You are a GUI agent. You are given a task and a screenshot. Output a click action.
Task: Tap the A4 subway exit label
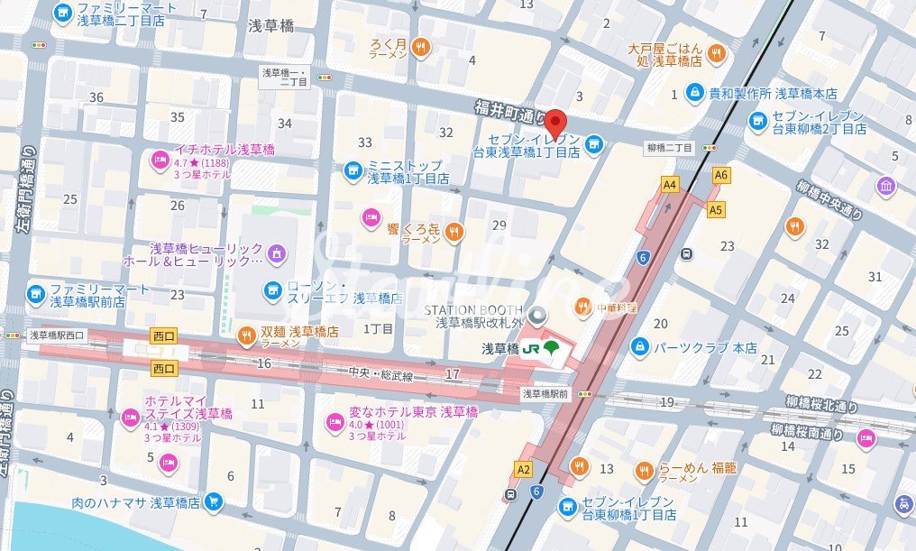[x=669, y=185]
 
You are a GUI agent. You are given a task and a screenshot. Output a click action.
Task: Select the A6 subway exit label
[x=720, y=175]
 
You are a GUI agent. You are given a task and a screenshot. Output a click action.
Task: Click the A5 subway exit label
[x=716, y=210]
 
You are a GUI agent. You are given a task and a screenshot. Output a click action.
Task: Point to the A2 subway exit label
[x=524, y=469]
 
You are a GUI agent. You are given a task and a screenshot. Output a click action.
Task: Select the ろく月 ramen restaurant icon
[x=419, y=48]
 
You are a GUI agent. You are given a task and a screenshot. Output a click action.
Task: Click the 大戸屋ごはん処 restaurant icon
[x=717, y=53]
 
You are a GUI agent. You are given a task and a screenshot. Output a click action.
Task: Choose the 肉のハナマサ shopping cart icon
[x=213, y=501]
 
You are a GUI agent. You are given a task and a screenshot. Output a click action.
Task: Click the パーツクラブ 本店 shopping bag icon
[x=639, y=346]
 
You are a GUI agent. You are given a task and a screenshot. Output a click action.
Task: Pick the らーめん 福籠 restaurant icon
[x=644, y=471]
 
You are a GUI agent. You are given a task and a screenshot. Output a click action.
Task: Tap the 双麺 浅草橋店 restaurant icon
[x=245, y=336]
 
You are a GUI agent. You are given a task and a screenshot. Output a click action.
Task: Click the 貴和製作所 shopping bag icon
[x=695, y=93]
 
